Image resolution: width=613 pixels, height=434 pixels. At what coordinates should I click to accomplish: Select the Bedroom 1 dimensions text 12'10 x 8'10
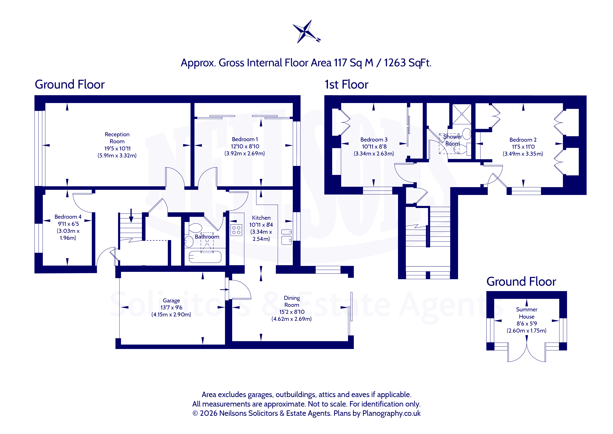(x=245, y=146)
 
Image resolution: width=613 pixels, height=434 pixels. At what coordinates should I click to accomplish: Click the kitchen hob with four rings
(x=236, y=230)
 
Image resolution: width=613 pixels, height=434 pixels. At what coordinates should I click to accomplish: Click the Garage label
(x=171, y=301)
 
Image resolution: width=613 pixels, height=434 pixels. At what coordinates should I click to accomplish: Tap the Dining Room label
(x=292, y=301)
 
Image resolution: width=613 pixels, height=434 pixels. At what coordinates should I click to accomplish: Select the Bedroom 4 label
(x=68, y=217)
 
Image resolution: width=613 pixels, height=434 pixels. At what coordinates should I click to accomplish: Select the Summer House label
(x=526, y=313)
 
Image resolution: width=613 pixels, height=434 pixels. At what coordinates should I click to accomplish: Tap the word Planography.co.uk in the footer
(x=391, y=413)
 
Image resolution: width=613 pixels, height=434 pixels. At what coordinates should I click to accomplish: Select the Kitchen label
(x=261, y=218)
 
